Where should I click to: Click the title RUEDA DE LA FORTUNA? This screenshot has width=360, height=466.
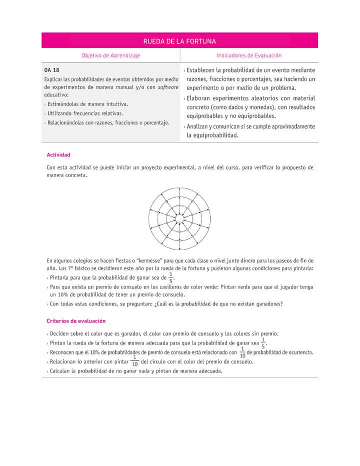click(179, 41)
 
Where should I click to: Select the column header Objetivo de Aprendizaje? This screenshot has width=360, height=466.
click(110, 56)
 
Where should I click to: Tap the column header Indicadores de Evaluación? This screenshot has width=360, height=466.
click(249, 56)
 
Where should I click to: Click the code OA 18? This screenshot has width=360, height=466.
click(51, 70)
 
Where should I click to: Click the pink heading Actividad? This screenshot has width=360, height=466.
click(58, 155)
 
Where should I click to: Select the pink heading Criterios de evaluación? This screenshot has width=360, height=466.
click(76, 321)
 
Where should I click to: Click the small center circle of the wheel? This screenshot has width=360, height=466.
click(179, 219)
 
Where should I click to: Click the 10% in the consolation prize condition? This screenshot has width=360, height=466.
click(59, 294)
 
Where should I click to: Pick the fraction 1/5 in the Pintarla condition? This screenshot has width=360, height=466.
click(170, 277)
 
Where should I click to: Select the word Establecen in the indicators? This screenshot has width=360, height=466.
click(203, 70)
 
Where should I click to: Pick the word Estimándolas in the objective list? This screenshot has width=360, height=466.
click(65, 104)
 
